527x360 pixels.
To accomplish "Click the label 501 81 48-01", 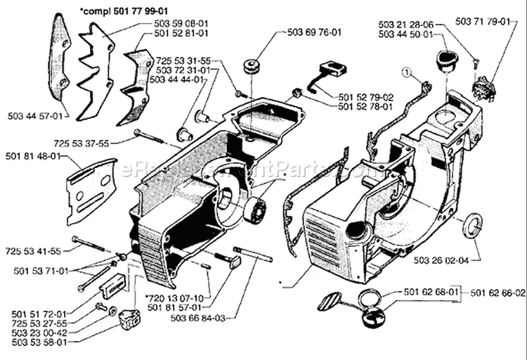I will tap(30, 156).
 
